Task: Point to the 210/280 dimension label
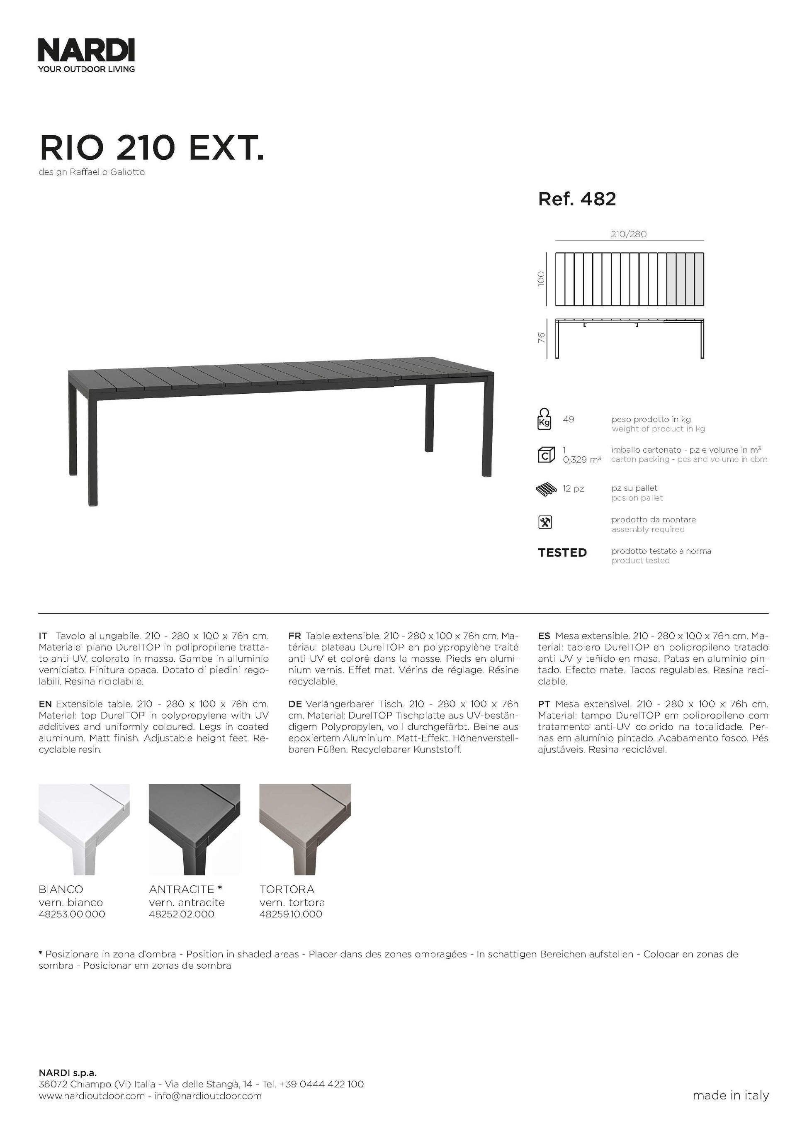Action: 629,234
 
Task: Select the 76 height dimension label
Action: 542,338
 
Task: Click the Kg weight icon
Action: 544,419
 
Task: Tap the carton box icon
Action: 546,454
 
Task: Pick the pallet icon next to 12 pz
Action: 546,489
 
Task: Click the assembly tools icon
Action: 545,522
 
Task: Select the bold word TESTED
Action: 562,552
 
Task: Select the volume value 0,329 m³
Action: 582,460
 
